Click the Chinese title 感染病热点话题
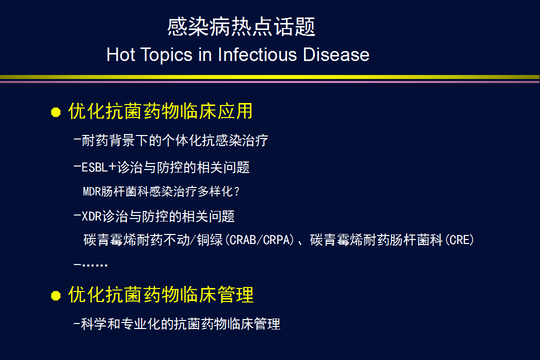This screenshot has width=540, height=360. click(241, 26)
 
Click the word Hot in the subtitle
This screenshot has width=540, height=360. click(120, 55)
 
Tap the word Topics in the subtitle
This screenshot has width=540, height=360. click(166, 55)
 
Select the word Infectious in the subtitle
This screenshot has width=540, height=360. click(257, 55)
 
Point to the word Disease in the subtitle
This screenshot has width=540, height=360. click(336, 55)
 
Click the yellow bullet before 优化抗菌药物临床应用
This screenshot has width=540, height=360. click(56, 112)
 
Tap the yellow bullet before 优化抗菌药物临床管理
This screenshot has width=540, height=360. click(56, 295)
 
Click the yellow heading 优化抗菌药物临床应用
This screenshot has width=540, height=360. click(160, 111)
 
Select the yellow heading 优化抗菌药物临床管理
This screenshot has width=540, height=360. click(161, 294)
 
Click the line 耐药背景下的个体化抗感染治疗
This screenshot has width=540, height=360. click(175, 140)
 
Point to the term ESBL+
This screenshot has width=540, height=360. click(99, 167)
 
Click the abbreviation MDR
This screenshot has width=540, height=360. click(92, 191)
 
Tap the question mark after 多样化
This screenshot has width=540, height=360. click(236, 191)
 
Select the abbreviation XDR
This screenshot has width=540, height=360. click(91, 216)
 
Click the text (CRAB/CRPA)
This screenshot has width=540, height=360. click(259, 240)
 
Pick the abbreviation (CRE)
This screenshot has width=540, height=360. click(459, 240)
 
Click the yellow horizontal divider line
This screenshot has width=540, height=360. click(270, 77)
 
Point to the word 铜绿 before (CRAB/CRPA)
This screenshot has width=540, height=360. click(210, 240)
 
